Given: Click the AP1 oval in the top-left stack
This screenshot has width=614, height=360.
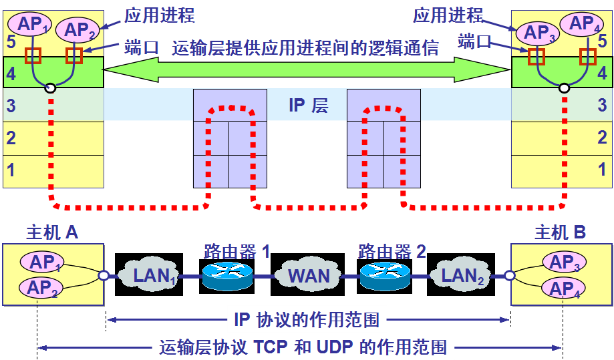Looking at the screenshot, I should click(x=33, y=25).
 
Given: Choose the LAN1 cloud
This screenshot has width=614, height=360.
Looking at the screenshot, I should click(x=151, y=275).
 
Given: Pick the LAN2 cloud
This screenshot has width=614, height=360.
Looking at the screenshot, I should click(x=461, y=275).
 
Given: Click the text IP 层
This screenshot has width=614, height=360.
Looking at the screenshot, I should click(x=308, y=106).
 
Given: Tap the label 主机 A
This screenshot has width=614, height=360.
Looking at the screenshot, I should click(x=52, y=232).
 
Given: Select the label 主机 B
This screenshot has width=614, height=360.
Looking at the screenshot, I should click(x=560, y=232).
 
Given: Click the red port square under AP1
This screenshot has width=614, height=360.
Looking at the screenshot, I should click(x=33, y=55).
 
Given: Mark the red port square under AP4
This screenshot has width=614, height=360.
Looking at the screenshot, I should click(x=588, y=56).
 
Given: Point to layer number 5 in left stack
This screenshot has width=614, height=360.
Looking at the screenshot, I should click(x=10, y=41).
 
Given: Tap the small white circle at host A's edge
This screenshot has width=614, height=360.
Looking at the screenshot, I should click(x=104, y=275).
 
